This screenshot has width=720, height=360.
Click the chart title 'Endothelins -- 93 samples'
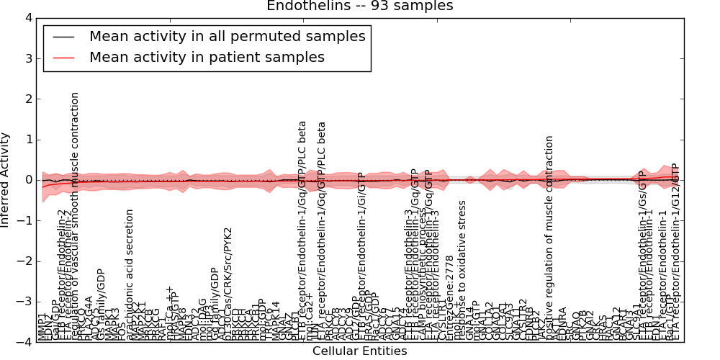tap(359, 6)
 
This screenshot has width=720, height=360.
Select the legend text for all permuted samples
tap(227, 36)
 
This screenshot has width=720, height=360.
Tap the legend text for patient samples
tap(207, 57)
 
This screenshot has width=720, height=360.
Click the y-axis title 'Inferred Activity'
tap(6, 180)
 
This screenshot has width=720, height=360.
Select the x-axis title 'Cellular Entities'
tap(359, 351)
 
